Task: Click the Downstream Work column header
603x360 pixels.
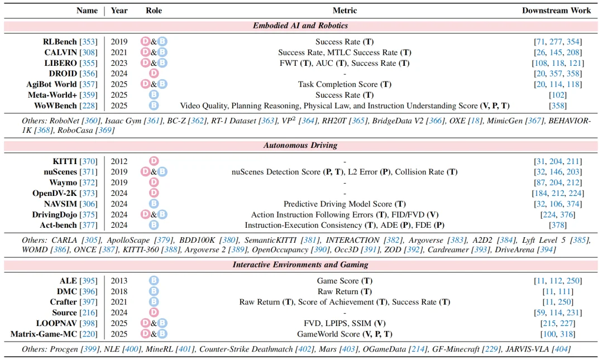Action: point(556,11)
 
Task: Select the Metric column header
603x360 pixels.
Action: point(344,11)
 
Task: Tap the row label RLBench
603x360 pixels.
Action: point(60,41)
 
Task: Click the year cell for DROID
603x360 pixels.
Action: point(119,74)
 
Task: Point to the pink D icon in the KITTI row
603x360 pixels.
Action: point(154,161)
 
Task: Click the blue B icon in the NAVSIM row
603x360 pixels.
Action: point(154,204)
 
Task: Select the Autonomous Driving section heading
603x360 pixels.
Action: point(300,145)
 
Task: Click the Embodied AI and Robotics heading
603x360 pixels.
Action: point(300,26)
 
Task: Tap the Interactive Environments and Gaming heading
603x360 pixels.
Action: point(300,265)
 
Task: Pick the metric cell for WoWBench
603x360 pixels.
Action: point(344,106)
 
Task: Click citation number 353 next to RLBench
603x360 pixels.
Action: point(88,41)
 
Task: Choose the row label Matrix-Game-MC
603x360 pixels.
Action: point(44,334)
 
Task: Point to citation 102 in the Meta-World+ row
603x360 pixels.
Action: point(558,95)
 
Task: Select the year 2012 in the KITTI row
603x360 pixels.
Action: point(119,161)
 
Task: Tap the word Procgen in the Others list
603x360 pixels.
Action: point(64,349)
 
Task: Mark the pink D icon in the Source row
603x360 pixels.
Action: point(154,313)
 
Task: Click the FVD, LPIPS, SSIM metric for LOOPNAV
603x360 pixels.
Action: point(344,324)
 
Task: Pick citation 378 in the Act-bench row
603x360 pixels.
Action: point(558,225)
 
